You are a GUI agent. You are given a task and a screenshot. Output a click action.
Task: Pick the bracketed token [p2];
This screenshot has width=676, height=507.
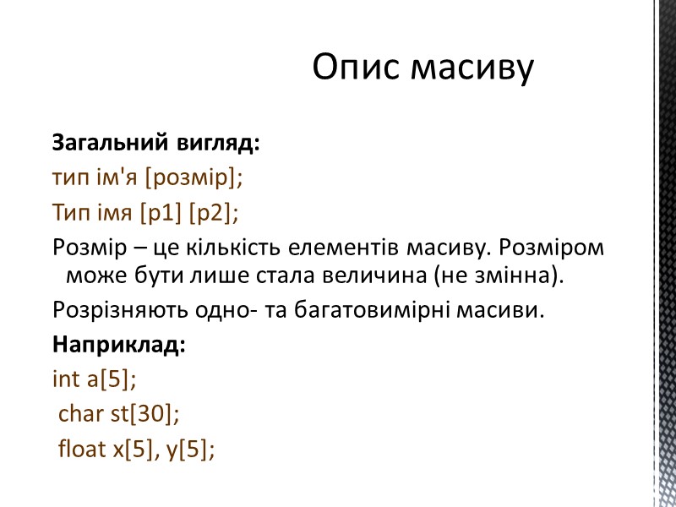[213, 215]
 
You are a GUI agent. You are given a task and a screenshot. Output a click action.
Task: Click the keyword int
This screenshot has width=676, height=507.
[64, 380]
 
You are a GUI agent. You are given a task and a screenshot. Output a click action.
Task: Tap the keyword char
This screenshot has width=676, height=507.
[78, 415]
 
